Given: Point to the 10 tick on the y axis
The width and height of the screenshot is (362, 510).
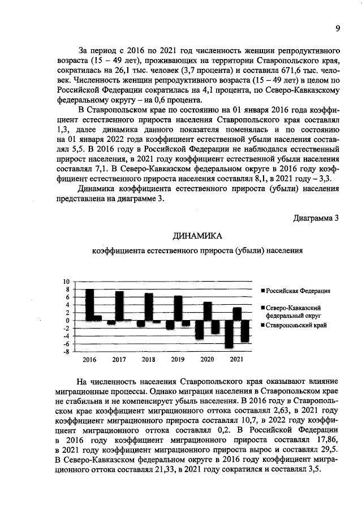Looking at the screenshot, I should pyautogui.click(x=66, y=282).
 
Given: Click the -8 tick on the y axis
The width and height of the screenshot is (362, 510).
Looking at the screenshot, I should pyautogui.click(x=66, y=352).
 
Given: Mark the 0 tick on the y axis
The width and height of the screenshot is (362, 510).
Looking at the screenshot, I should pyautogui.click(x=67, y=321).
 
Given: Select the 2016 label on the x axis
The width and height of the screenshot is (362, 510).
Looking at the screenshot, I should pyautogui.click(x=89, y=360).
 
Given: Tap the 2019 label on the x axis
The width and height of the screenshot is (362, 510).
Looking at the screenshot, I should pyautogui.click(x=178, y=360).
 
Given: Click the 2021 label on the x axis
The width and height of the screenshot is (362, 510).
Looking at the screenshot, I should pyautogui.click(x=237, y=360).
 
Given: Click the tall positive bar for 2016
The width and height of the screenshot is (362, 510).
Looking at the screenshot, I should pyautogui.click(x=89, y=304).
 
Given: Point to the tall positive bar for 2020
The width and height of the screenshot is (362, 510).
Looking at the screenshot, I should pyautogui.click(x=208, y=311).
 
